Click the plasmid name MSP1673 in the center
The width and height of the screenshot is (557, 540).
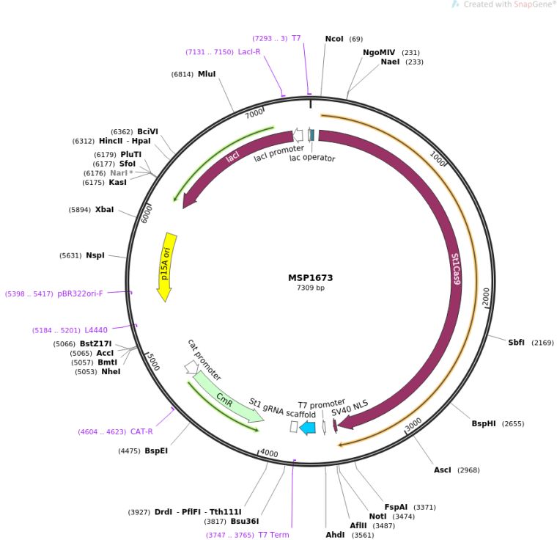point(310,278)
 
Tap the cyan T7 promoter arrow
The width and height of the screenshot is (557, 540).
point(308,428)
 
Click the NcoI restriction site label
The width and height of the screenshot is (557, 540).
point(334,38)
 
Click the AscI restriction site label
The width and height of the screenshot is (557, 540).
point(443,469)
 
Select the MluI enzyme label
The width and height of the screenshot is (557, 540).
point(207,74)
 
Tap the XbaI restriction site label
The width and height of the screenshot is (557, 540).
point(104,209)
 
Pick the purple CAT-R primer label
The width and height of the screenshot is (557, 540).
point(141,431)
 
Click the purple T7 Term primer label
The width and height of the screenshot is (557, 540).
point(273,535)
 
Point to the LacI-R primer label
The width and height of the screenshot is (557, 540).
point(249,51)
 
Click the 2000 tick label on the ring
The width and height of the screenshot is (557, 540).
point(486,296)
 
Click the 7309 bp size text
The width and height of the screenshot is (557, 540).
point(310,288)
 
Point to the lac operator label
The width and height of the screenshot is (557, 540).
point(312,158)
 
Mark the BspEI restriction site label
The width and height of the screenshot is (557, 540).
point(156,450)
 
